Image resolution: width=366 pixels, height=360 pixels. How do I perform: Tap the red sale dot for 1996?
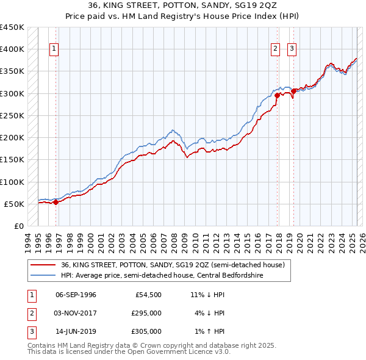56,202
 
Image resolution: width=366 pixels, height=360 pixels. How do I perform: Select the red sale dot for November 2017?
277,95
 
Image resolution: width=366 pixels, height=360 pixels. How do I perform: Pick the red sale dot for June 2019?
293,91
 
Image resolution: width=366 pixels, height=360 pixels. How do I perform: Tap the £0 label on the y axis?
18,226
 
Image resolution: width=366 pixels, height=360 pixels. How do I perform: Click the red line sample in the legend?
43,265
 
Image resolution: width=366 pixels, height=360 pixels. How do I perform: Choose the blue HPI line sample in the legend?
43,275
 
